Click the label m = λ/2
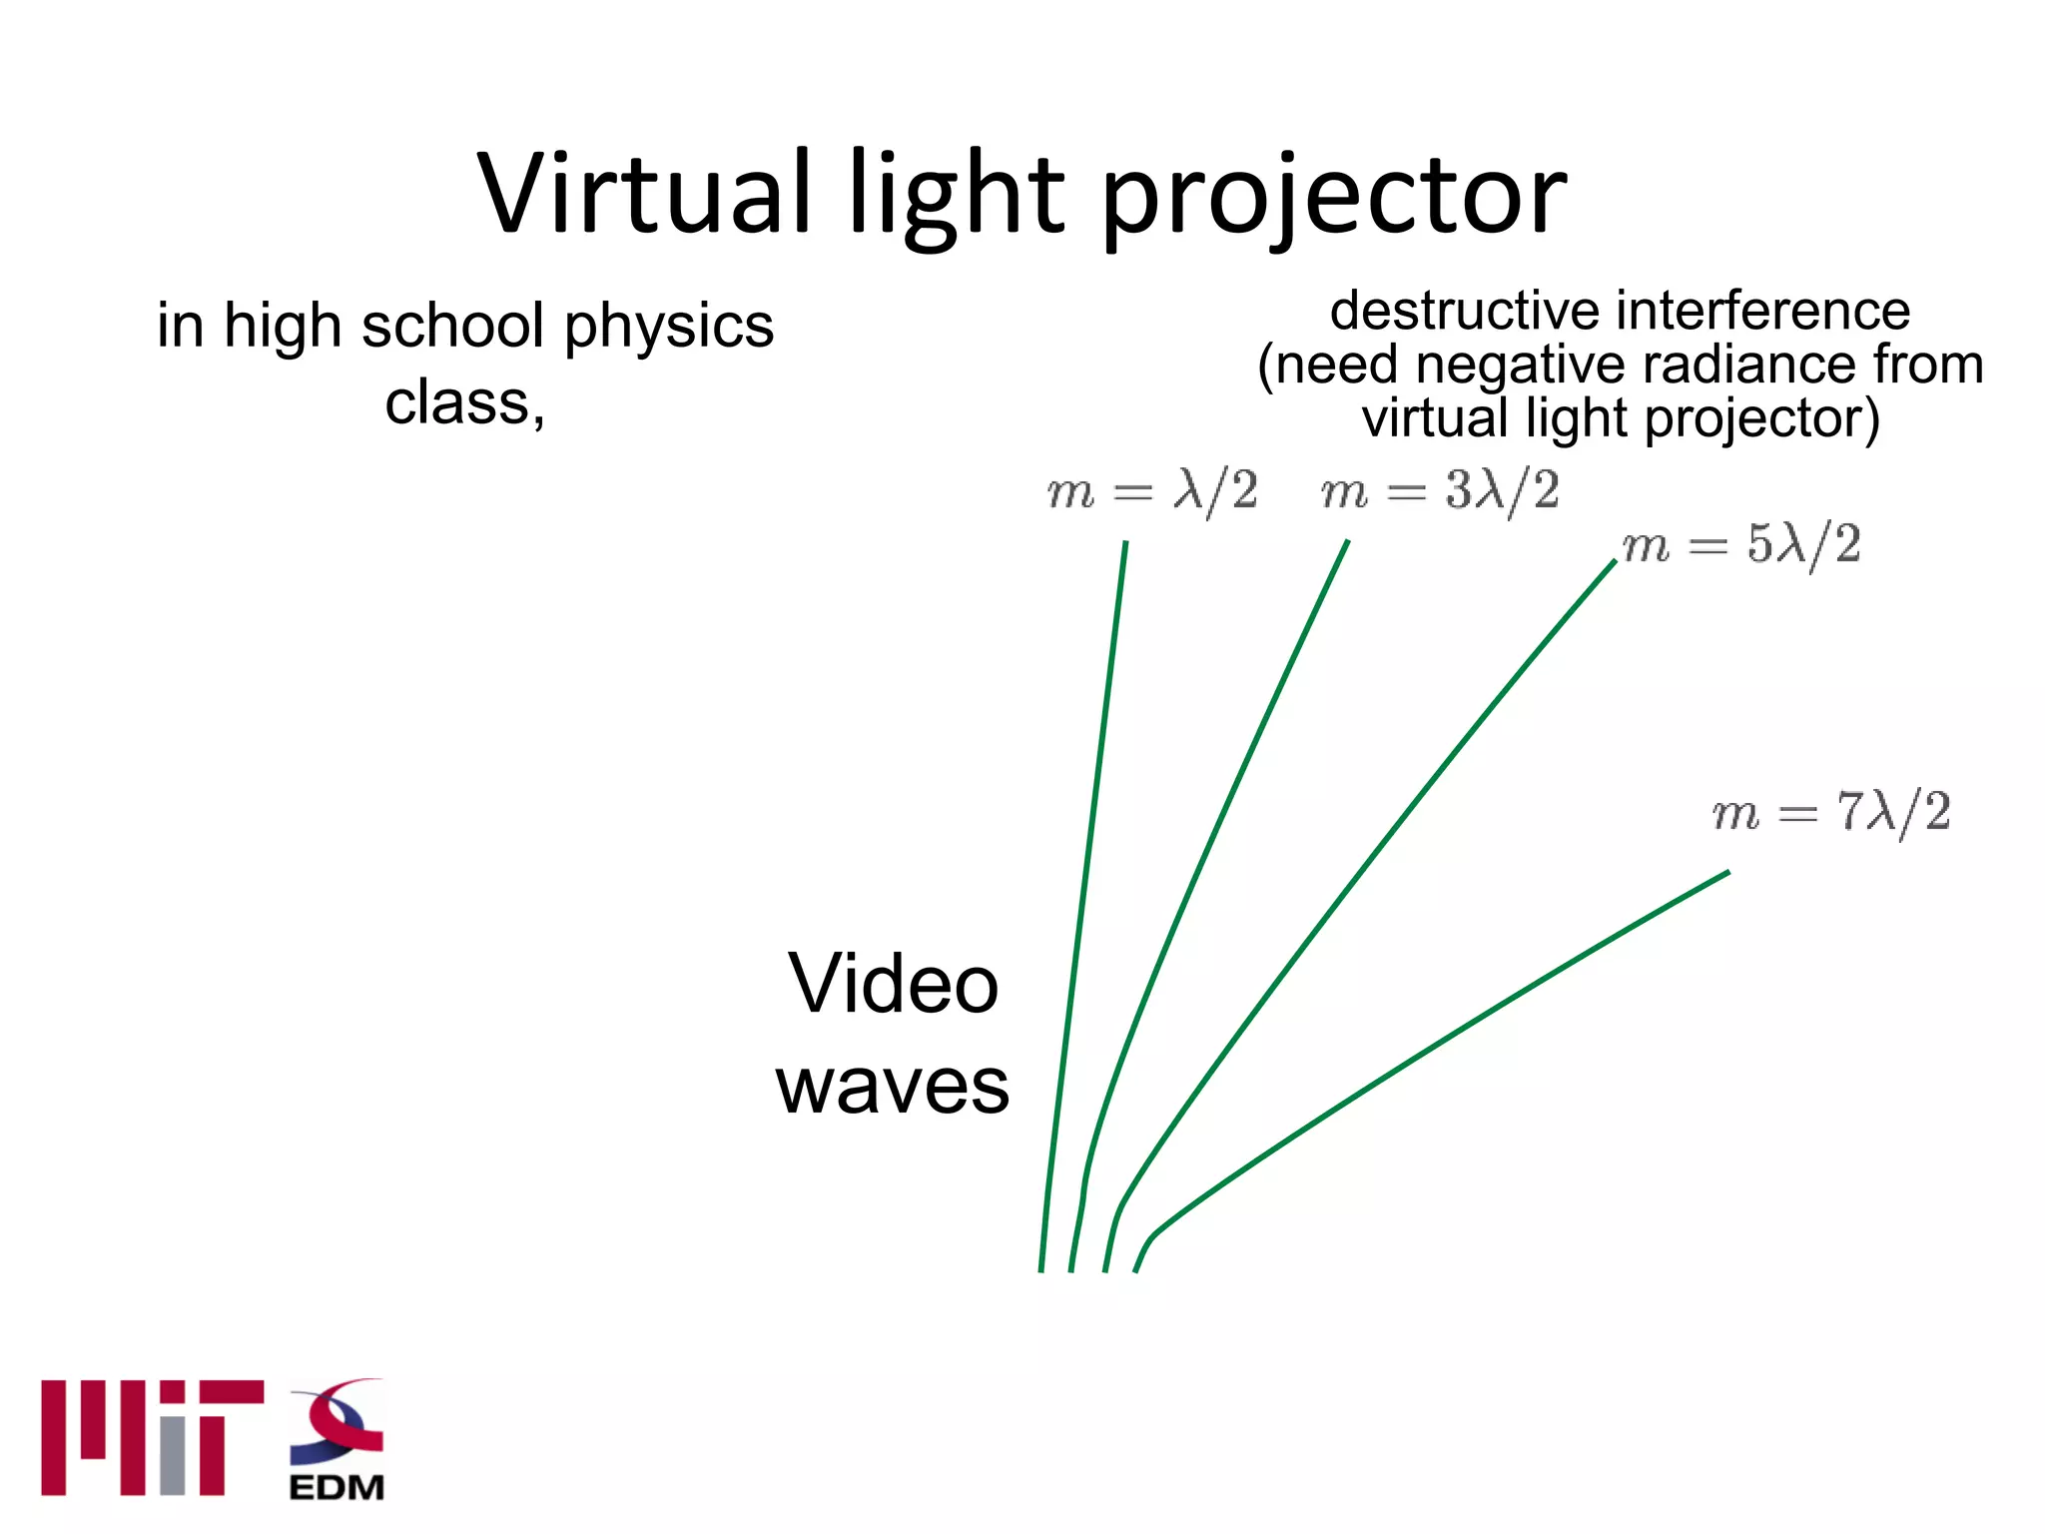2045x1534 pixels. pyautogui.click(x=1151, y=491)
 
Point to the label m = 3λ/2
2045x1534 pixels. pyautogui.click(x=1439, y=491)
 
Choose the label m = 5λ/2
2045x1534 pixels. pyautogui.click(x=1741, y=545)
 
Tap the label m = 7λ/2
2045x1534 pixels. pyautogui.click(x=1830, y=812)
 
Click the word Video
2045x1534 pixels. pyautogui.click(x=893, y=984)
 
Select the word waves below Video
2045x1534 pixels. pyautogui.click(x=893, y=1087)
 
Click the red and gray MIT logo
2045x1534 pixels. pyautogui.click(x=152, y=1437)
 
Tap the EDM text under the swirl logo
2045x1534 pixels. pyautogui.click(x=337, y=1487)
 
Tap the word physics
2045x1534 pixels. pyautogui.click(x=668, y=327)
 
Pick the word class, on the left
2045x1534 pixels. pyautogui.click(x=464, y=403)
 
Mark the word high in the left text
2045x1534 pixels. pyautogui.click(x=282, y=327)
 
